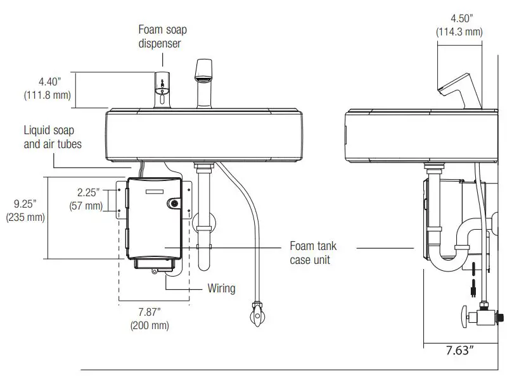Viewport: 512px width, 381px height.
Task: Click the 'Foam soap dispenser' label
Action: click(x=163, y=37)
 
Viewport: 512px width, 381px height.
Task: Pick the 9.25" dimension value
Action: click(x=25, y=204)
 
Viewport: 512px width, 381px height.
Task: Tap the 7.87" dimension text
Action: click(x=150, y=312)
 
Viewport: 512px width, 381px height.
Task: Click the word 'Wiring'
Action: click(x=221, y=289)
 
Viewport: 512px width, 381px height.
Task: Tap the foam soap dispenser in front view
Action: click(x=162, y=89)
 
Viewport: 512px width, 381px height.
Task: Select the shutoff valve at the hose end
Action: click(x=256, y=315)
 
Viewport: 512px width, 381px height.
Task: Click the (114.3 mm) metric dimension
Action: click(x=459, y=31)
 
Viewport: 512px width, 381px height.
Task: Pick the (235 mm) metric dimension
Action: click(x=25, y=217)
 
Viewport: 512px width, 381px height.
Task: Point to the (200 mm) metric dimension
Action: click(x=150, y=326)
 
